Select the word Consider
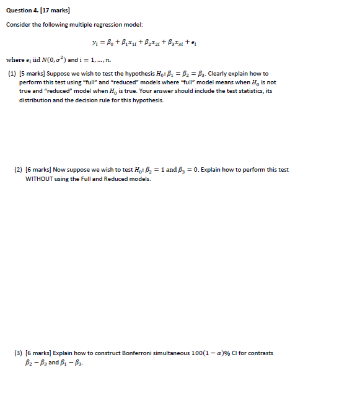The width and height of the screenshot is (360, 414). [18, 24]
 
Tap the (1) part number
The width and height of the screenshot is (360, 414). [12, 73]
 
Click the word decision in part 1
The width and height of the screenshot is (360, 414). [86, 100]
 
